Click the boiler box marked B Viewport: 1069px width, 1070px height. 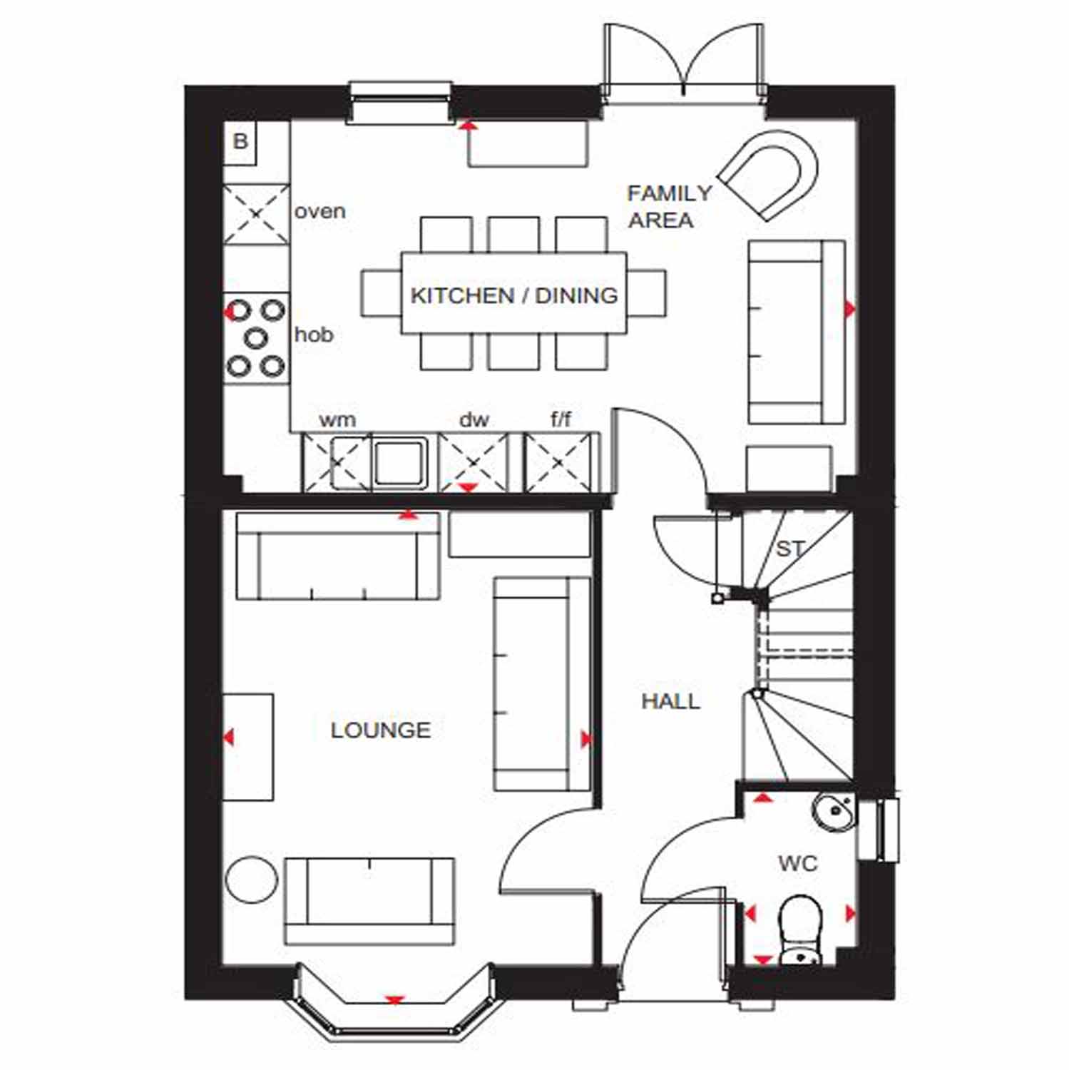click(x=240, y=143)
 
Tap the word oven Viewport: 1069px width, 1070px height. click(x=320, y=212)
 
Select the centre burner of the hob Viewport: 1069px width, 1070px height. click(x=256, y=337)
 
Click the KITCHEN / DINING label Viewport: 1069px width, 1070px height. click(x=514, y=295)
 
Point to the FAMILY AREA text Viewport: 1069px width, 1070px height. click(x=669, y=206)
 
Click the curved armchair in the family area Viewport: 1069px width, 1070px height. click(x=769, y=175)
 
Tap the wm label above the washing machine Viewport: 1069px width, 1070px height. click(x=337, y=419)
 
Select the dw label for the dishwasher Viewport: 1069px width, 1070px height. click(x=474, y=419)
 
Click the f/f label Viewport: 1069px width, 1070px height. click(x=561, y=419)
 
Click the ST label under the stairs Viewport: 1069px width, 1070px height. click(x=790, y=549)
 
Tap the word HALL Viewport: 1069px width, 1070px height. click(x=670, y=701)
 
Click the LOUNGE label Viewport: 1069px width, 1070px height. click(x=381, y=730)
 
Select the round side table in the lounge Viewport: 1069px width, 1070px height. click(x=251, y=879)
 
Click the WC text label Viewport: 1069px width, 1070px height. click(x=797, y=864)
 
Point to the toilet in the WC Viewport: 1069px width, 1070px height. click(x=801, y=930)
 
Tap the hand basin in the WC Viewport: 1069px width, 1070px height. click(x=834, y=812)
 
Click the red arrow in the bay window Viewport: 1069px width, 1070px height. click(x=394, y=1000)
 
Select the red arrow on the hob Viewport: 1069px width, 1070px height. click(x=230, y=312)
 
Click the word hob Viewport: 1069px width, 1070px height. click(x=314, y=335)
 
